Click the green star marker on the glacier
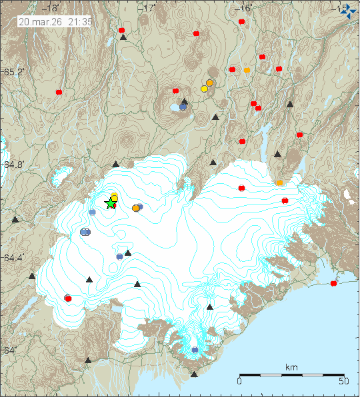111,204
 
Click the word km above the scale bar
291,367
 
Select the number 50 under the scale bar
343,382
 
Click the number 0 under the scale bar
239,382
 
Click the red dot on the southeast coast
333,283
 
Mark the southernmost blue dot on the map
195,350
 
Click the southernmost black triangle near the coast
194,374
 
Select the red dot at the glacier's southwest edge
68,299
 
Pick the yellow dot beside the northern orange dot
204,89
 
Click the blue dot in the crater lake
183,107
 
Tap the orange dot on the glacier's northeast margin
279,183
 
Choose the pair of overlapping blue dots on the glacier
85,232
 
